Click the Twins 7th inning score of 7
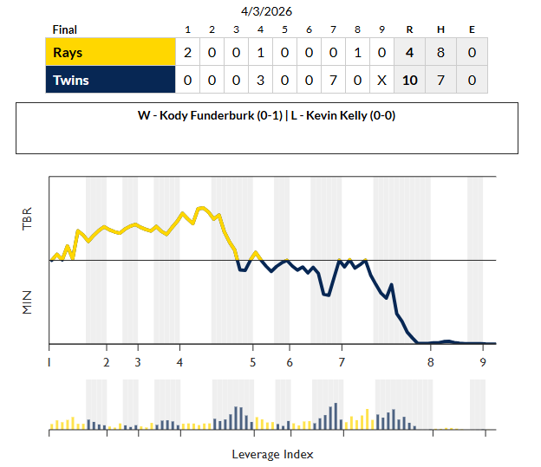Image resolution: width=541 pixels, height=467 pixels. (x=334, y=81)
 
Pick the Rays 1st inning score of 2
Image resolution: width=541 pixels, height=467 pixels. (x=188, y=53)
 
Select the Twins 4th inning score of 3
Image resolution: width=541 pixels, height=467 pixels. (x=261, y=81)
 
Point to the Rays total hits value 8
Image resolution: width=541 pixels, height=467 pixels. (x=440, y=53)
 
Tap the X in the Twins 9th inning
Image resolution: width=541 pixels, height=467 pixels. (x=382, y=81)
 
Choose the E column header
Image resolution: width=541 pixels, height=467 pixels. (x=472, y=30)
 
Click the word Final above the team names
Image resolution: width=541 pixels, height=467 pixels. (x=64, y=30)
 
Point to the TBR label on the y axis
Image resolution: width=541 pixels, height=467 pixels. (x=27, y=219)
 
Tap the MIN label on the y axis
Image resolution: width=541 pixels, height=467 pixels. (x=27, y=302)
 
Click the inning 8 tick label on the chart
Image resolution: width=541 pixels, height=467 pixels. (x=430, y=361)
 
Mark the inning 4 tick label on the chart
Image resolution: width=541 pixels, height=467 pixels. (x=179, y=361)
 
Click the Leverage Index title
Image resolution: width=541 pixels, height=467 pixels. (x=272, y=454)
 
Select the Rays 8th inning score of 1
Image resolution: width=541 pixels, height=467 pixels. (x=358, y=53)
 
